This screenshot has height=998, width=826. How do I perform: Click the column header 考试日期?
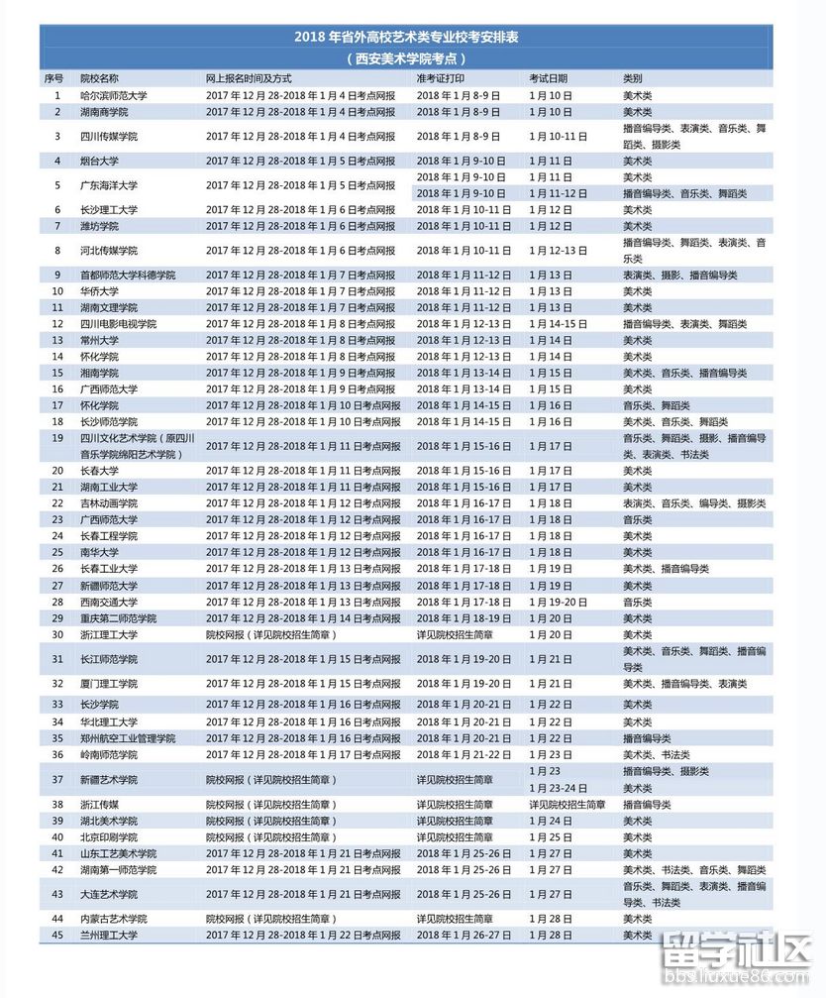548,77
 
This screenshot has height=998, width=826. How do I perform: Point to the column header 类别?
632,77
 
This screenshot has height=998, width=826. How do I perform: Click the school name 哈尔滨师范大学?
114,95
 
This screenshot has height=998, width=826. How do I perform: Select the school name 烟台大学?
100,161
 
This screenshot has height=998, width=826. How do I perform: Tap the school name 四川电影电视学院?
118,324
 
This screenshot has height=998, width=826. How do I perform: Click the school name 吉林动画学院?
109,503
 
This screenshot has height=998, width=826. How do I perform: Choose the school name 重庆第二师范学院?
118,617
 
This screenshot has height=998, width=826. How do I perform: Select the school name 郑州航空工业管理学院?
128,738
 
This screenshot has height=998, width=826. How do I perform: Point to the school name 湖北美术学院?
109,821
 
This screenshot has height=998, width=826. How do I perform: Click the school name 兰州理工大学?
109,935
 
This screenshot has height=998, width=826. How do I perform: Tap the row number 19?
57,438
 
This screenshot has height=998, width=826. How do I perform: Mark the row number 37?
57,779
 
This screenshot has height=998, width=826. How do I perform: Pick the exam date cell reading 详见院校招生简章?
567,805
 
